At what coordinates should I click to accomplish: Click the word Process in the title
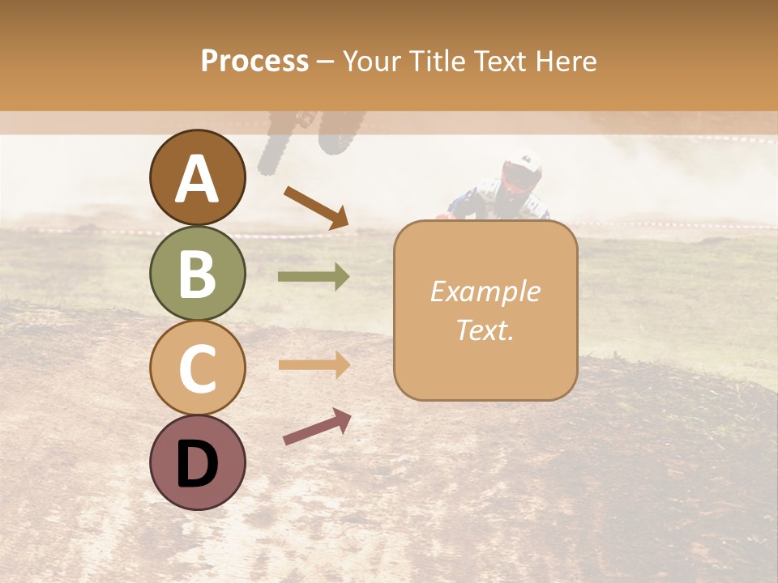coord(254,61)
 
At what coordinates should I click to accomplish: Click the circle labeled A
coord(198,177)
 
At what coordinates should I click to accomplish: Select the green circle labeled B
coord(198,273)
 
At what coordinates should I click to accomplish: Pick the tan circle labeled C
coord(198,368)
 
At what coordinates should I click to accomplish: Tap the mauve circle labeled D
coord(198,462)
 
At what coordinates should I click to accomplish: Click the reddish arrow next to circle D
coord(317,427)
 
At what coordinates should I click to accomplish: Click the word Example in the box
coord(485,291)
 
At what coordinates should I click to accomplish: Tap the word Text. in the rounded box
coord(485,330)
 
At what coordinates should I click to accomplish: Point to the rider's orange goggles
coord(515,177)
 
